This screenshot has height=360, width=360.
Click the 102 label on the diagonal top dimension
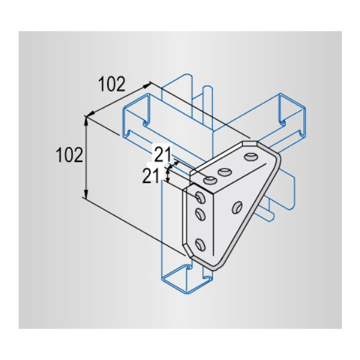(112, 85)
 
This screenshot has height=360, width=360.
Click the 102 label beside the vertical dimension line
(69, 155)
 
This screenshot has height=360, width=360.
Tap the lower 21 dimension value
(151, 176)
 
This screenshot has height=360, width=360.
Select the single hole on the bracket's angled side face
(237, 207)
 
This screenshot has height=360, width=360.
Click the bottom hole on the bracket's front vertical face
(200, 244)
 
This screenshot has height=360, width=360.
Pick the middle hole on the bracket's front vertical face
(200, 214)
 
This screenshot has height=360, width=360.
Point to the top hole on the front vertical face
(200, 195)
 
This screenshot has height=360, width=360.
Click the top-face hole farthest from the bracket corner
(250, 158)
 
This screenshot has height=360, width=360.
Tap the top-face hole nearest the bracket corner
(210, 179)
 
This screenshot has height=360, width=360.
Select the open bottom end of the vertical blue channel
(186, 279)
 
